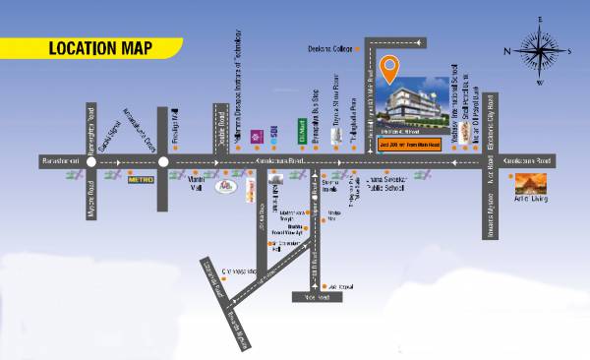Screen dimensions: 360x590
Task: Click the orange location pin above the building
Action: click(x=389, y=71)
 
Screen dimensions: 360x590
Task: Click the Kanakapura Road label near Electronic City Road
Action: click(x=526, y=157)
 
